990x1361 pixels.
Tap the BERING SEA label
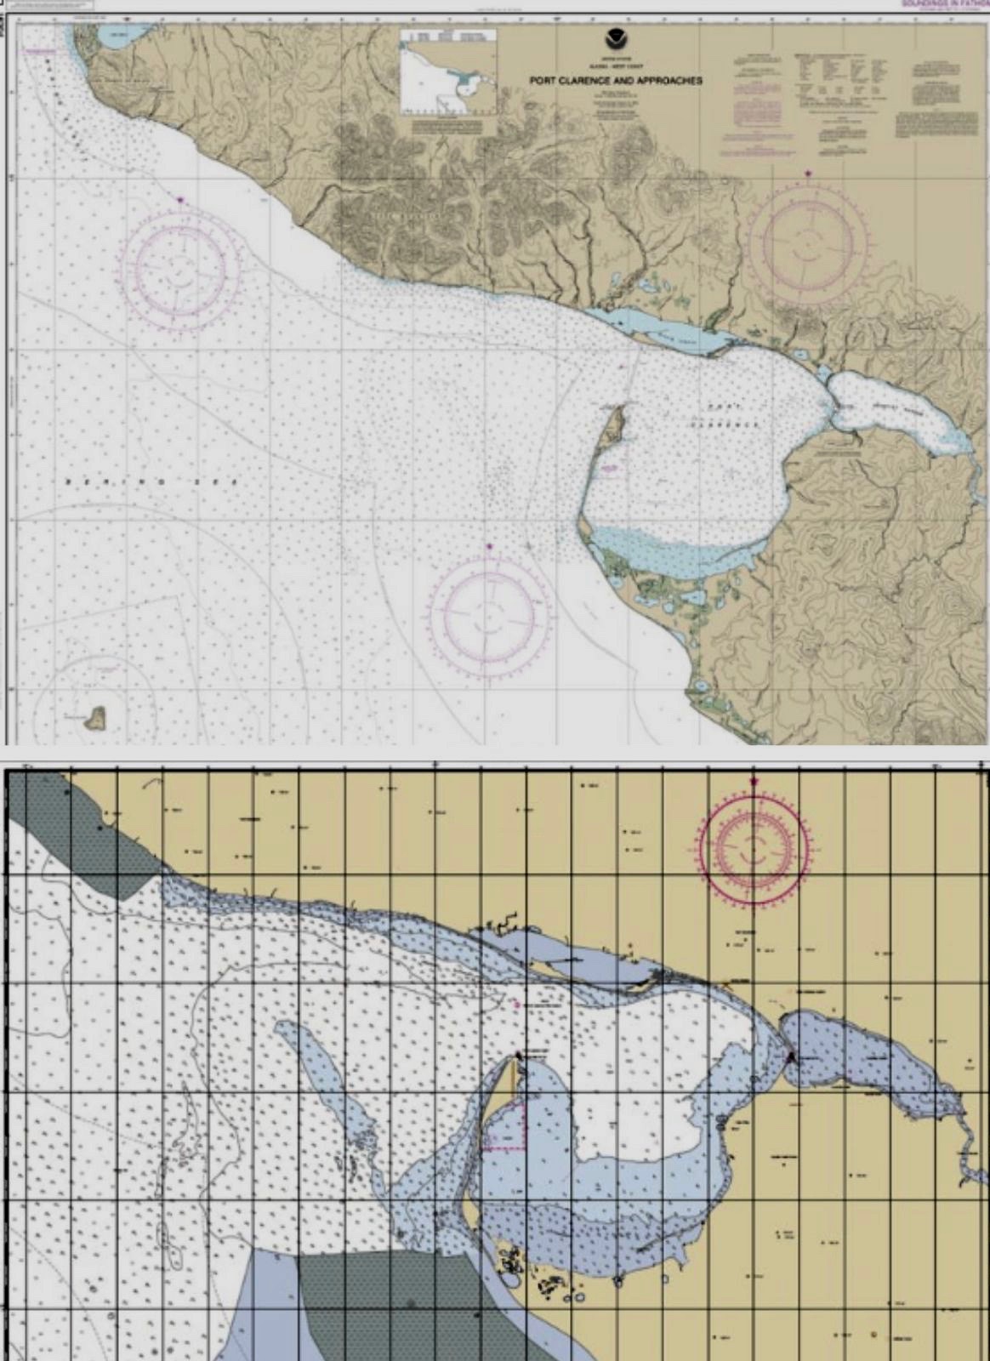tap(103, 481)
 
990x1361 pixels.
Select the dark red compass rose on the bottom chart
tap(754, 847)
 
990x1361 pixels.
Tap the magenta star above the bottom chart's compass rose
tap(754, 781)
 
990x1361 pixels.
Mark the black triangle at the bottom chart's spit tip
tap(518, 1056)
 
